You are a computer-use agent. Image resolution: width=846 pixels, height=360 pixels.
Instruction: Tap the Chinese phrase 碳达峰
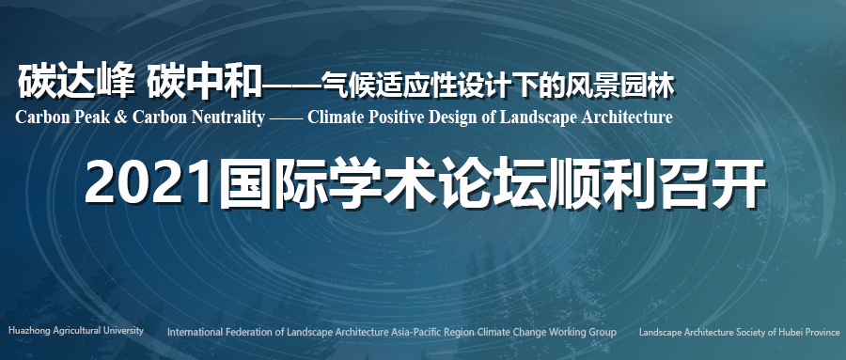[76, 81]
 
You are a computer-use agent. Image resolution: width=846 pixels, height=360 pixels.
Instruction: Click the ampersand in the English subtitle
[121, 117]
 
